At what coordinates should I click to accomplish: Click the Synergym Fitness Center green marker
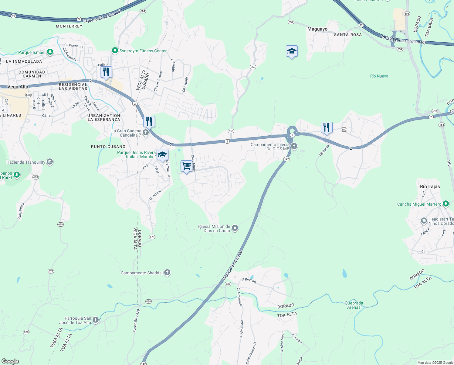(115, 50)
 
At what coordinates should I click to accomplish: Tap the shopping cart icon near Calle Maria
(186, 166)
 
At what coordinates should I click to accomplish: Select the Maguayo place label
(317, 29)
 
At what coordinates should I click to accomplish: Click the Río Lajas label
(430, 186)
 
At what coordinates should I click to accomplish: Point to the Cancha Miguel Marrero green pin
(446, 204)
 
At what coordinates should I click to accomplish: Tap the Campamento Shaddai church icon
(167, 273)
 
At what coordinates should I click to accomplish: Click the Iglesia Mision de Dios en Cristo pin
(235, 228)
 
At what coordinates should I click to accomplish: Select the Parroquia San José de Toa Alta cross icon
(96, 320)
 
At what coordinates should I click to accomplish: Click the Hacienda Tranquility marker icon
(50, 162)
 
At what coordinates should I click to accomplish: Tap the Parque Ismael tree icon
(50, 52)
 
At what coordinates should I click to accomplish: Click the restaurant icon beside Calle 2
(106, 72)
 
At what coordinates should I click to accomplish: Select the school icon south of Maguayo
(292, 51)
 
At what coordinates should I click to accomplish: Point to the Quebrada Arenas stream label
(354, 305)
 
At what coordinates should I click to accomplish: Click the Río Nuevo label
(379, 76)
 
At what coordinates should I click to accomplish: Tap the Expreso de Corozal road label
(233, 265)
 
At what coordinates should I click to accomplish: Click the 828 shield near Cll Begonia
(228, 284)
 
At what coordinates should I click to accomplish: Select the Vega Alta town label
(18, 87)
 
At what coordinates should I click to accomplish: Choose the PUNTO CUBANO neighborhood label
(108, 147)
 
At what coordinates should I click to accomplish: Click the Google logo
(10, 361)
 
